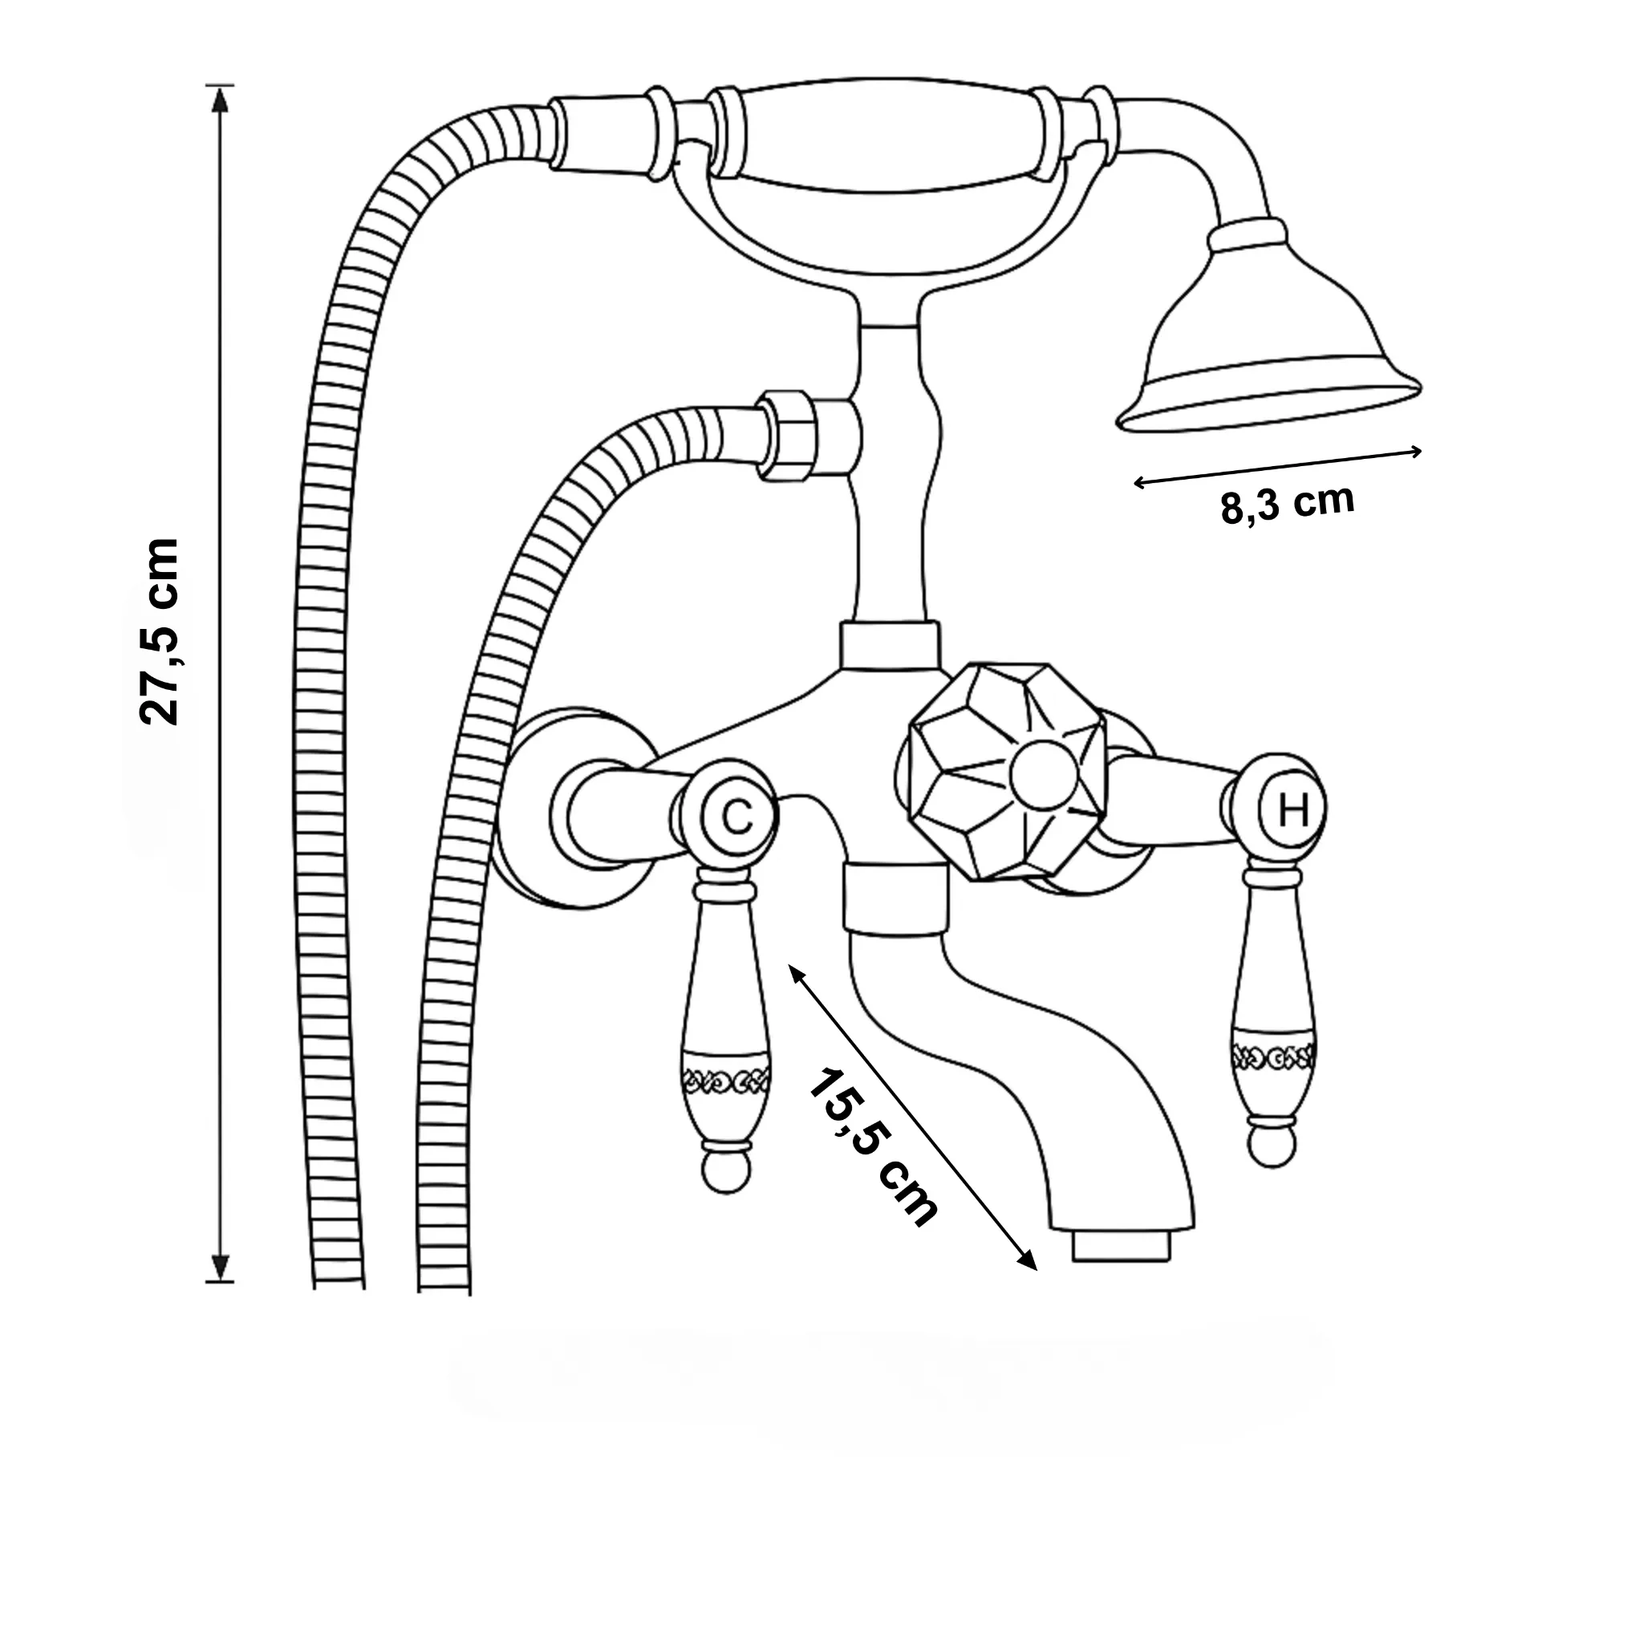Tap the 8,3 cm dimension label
[1287, 505]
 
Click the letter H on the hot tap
[1292, 810]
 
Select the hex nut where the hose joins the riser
[787, 436]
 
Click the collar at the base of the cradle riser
[890, 647]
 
